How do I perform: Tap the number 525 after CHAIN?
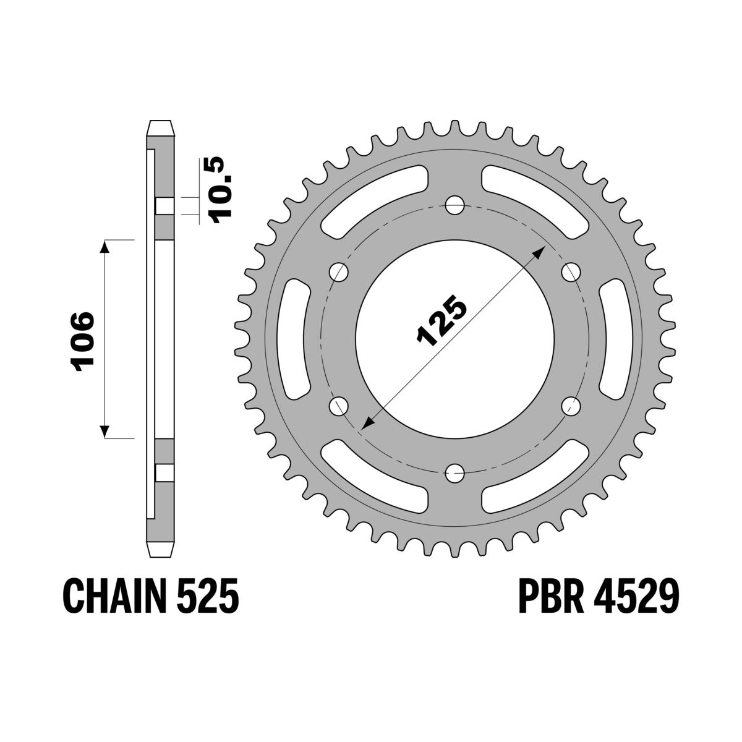[211, 595]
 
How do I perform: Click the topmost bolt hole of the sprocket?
[455, 204]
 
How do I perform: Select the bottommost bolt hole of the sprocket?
[455, 473]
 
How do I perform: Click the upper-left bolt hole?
[339, 271]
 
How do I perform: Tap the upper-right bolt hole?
[572, 271]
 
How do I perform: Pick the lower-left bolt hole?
[339, 406]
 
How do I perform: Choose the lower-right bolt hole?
[572, 406]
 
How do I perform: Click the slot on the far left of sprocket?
[296, 339]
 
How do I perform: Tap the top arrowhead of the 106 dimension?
[104, 245]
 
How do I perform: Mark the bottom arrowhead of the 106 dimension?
[104, 432]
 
